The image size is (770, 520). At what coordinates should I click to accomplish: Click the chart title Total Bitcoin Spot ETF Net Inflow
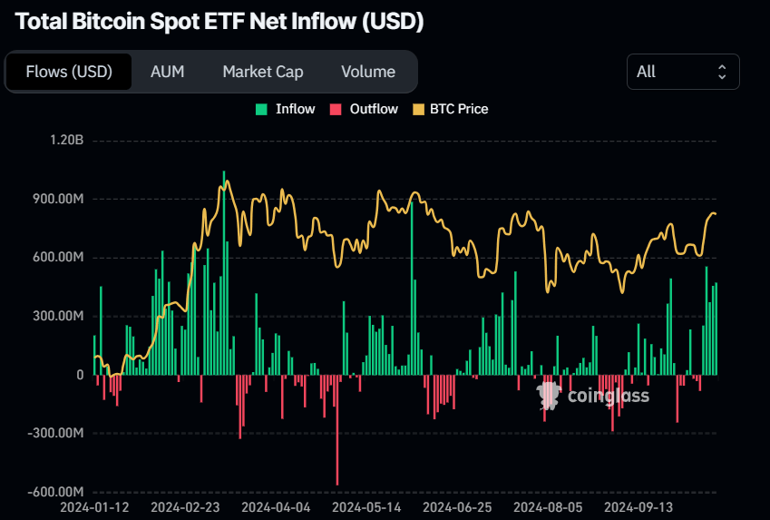[219, 22]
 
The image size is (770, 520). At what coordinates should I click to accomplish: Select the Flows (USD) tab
[69, 72]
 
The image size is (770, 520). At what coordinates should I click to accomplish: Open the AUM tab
[168, 72]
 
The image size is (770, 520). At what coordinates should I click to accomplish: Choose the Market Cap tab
[263, 72]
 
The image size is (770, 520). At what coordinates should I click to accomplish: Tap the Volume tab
[368, 72]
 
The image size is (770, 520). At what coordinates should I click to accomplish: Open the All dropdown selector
[682, 72]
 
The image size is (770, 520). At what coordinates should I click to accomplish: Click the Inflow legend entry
[286, 109]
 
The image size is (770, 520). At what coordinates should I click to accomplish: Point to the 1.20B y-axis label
[67, 141]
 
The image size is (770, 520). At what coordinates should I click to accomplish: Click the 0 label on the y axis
[79, 375]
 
